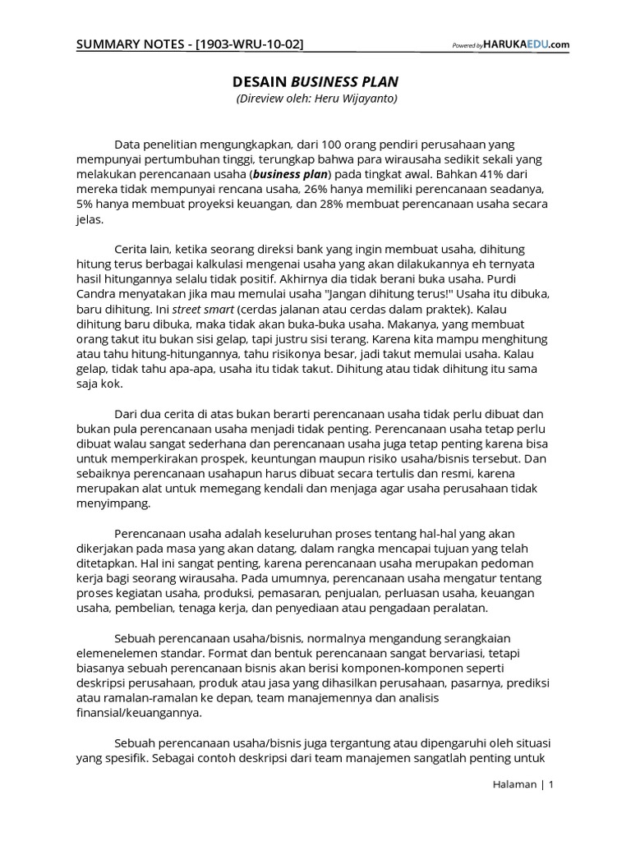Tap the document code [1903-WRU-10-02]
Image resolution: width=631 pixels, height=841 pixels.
(x=248, y=44)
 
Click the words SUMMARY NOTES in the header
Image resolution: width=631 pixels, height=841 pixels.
(x=132, y=44)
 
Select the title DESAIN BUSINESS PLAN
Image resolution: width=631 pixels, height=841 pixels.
(x=315, y=82)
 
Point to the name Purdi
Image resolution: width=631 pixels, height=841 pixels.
(x=529, y=278)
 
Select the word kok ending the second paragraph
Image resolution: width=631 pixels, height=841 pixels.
(x=111, y=384)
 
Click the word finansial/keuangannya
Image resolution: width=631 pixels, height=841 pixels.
(x=138, y=713)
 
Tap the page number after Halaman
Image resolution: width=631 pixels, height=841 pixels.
(x=551, y=784)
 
